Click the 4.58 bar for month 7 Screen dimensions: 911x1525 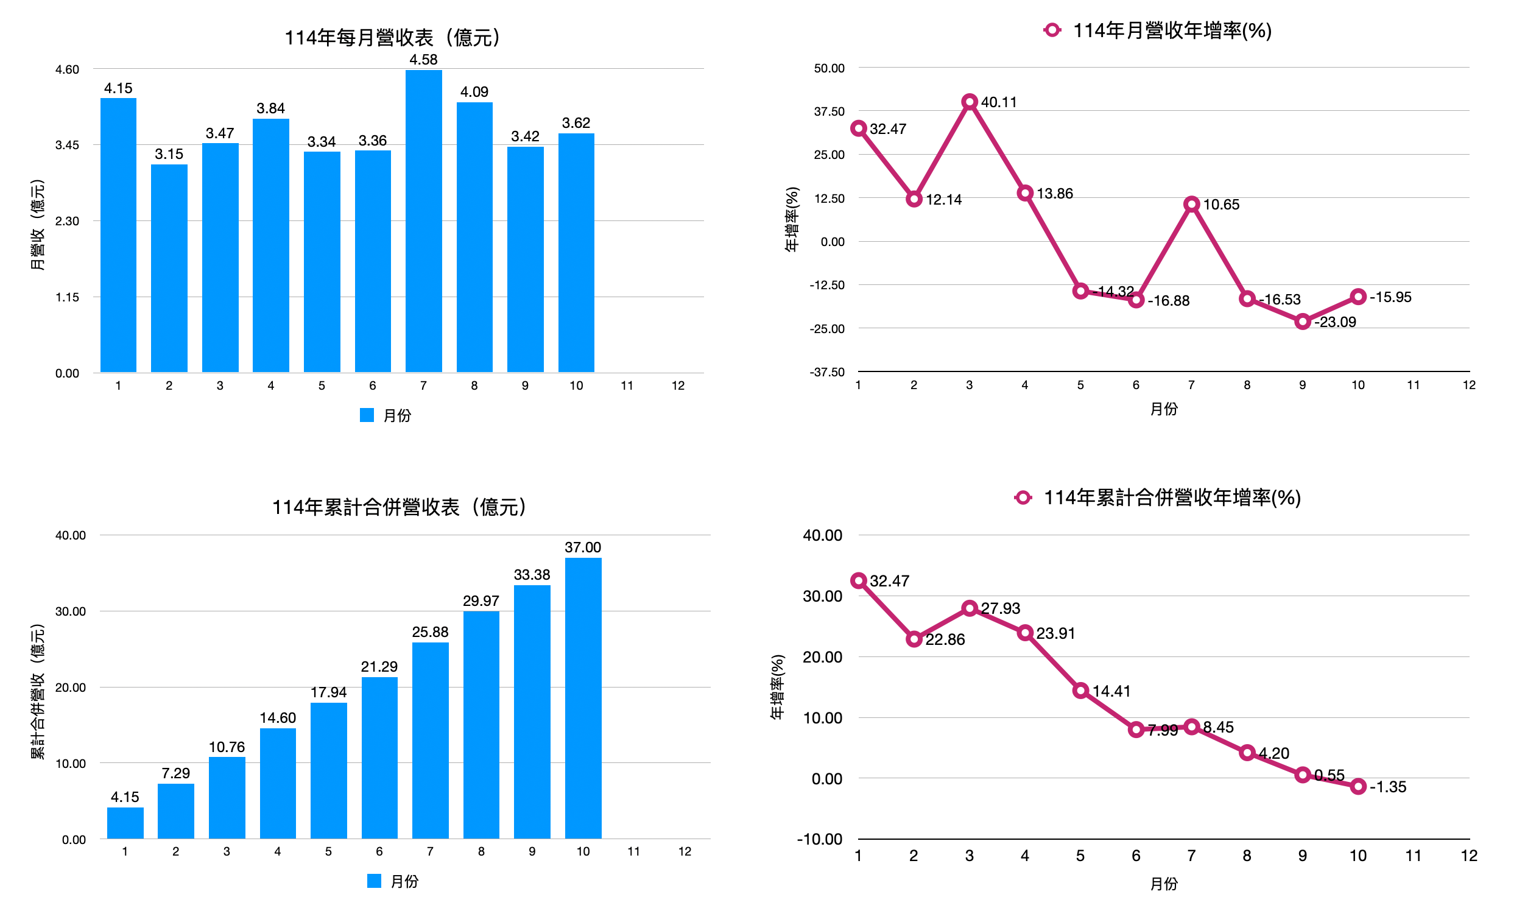click(424, 221)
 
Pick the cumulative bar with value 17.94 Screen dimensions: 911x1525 click(328, 770)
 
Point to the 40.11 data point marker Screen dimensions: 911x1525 click(970, 102)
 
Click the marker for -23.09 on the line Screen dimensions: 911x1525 click(1303, 322)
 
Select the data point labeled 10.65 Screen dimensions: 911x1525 click(1192, 205)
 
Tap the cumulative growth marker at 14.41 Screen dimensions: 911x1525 click(1080, 691)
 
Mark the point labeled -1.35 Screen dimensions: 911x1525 click(1359, 786)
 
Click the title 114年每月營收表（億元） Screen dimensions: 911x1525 click(393, 37)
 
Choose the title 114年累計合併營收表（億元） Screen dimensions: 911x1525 click(399, 507)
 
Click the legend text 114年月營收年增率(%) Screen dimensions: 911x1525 click(1172, 30)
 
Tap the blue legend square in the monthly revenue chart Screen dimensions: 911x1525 click(367, 415)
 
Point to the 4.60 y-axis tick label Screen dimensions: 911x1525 click(67, 69)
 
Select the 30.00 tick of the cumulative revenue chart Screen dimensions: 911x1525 click(70, 611)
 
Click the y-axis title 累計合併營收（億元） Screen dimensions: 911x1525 click(37, 691)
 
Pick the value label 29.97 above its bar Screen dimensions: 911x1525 click(481, 600)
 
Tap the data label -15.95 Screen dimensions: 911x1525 click(1390, 297)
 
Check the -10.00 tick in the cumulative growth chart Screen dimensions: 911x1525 click(819, 839)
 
